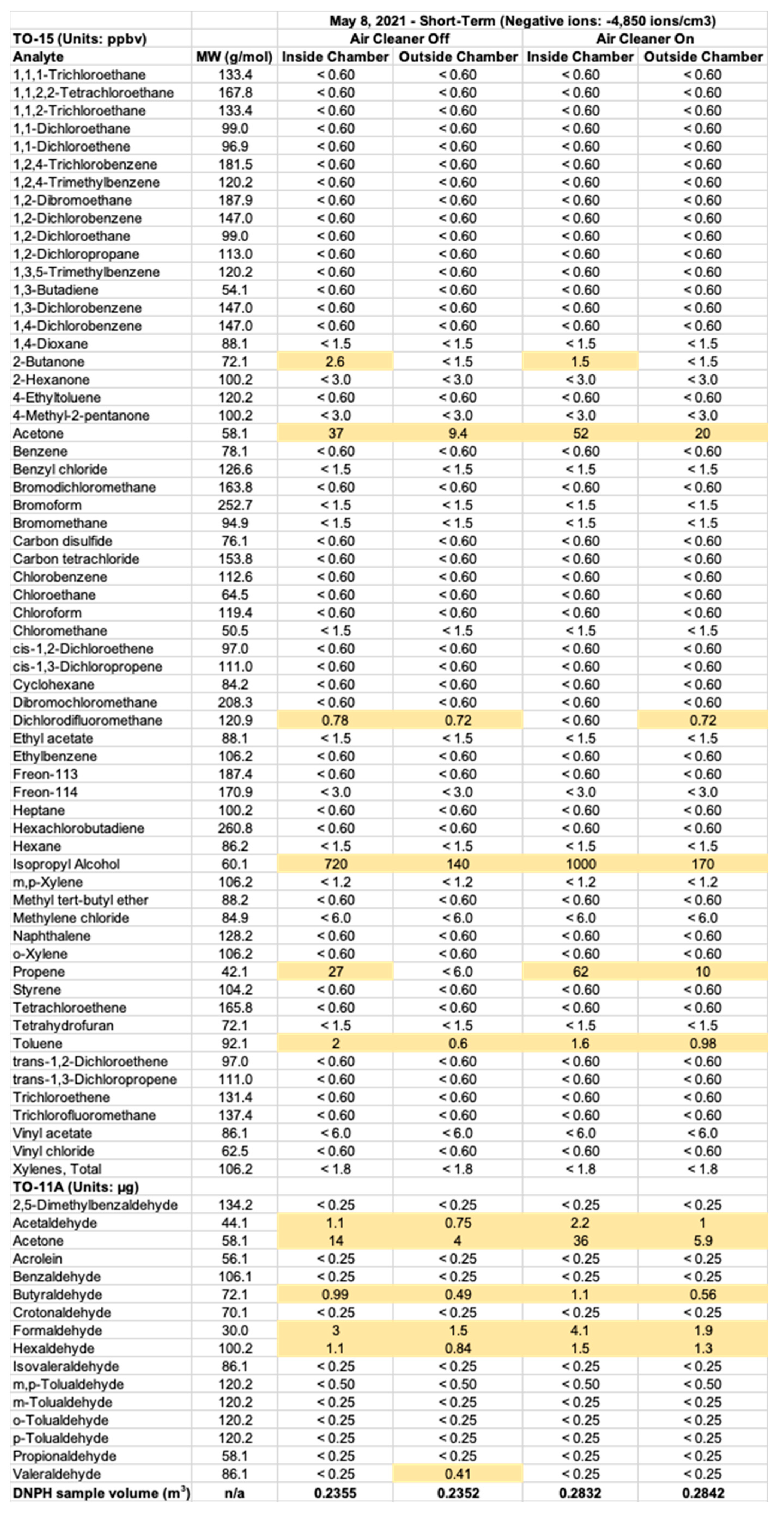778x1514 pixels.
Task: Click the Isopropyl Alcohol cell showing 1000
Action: click(580, 864)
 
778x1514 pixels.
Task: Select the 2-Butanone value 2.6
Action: click(335, 362)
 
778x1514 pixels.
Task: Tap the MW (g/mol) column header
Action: click(234, 57)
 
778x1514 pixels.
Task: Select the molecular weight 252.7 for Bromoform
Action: click(235, 505)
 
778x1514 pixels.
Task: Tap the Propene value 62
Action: click(580, 971)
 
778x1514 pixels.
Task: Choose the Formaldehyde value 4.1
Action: click(580, 1330)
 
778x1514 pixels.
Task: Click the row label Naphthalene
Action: click(52, 936)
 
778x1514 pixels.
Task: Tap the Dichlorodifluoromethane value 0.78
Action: click(335, 720)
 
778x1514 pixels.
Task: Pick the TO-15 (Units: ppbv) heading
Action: click(79, 39)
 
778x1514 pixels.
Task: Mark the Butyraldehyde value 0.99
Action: click(335, 1294)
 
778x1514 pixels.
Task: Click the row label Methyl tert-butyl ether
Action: click(81, 900)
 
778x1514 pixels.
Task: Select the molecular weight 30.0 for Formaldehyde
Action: click(235, 1330)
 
